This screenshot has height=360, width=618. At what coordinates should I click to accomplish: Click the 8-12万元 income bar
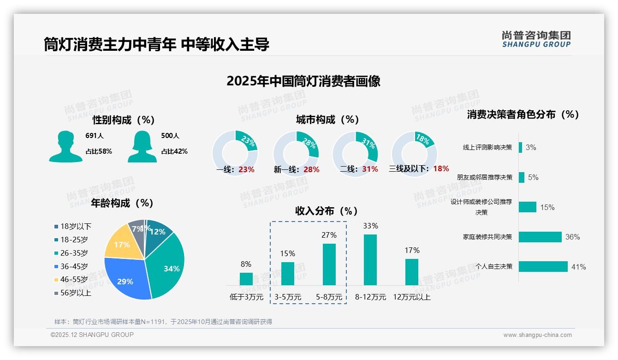pyautogui.click(x=370, y=260)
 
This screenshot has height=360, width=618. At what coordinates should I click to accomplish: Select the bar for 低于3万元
pyautogui.click(x=246, y=279)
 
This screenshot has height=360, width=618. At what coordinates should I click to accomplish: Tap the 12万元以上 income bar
pyautogui.click(x=412, y=272)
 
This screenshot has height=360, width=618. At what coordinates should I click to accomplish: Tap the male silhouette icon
pyautogui.click(x=65, y=146)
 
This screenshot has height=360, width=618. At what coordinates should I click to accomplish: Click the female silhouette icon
pyautogui.click(x=142, y=146)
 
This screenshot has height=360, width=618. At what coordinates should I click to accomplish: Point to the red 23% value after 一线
pyautogui.click(x=246, y=169)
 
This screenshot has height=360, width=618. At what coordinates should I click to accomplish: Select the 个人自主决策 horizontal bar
pyautogui.click(x=543, y=266)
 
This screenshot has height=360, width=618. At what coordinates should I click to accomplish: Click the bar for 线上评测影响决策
pyautogui.click(x=520, y=147)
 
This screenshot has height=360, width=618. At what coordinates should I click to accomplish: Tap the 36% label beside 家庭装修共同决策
pyautogui.click(x=572, y=237)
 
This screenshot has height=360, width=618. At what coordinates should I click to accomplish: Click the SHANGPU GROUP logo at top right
pyautogui.click(x=536, y=39)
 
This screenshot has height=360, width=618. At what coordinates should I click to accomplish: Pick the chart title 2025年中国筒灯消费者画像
pyautogui.click(x=303, y=81)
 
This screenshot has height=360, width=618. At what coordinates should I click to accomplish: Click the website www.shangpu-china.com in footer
pyautogui.click(x=537, y=335)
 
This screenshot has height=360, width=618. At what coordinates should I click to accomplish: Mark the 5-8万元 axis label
pyautogui.click(x=329, y=297)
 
